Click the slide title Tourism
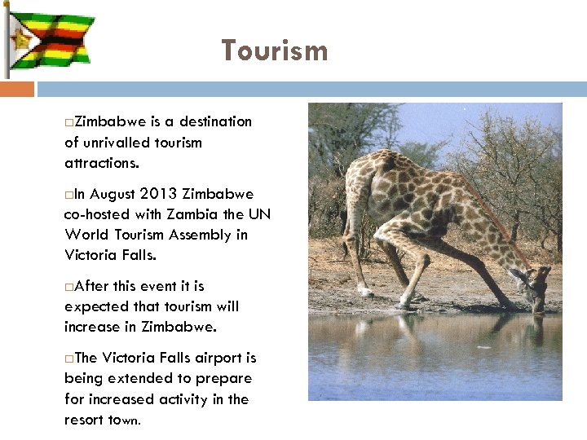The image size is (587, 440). click(x=276, y=51)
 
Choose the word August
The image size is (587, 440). click(x=111, y=194)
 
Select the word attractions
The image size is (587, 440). click(x=102, y=163)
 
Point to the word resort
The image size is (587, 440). click(x=84, y=420)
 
